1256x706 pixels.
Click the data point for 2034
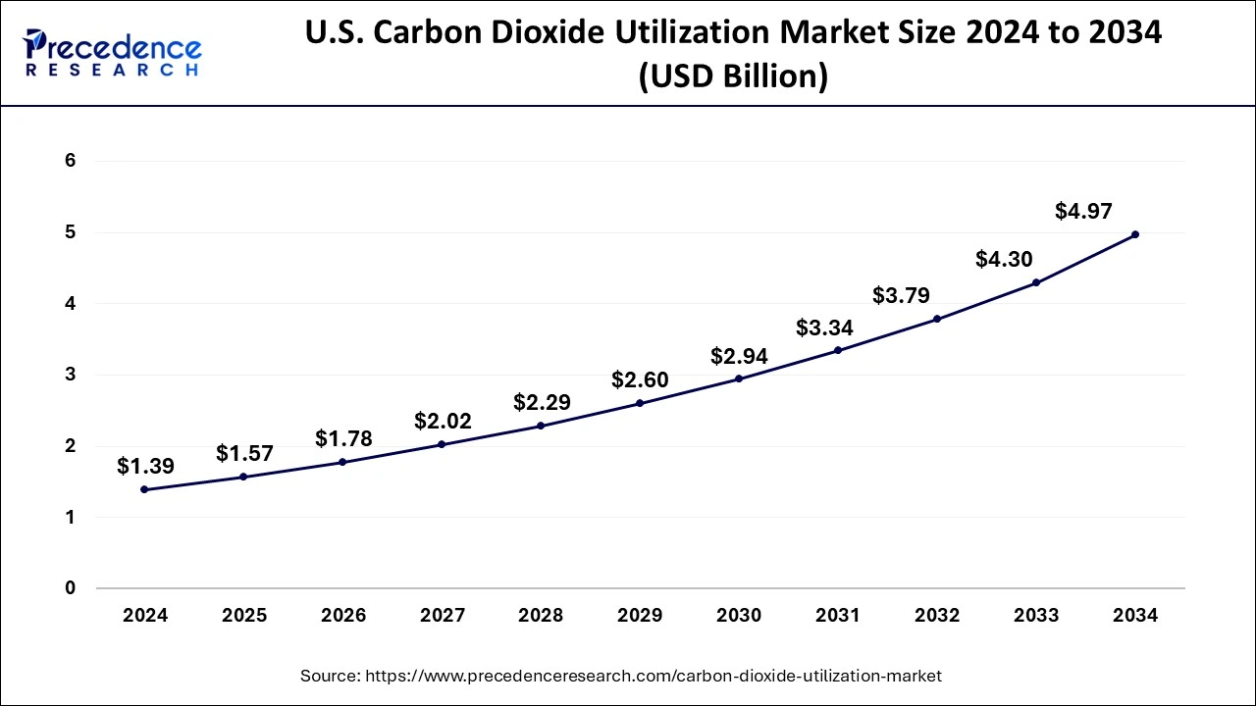(x=1135, y=234)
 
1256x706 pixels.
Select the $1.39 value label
(x=145, y=467)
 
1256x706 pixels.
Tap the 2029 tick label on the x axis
(x=640, y=616)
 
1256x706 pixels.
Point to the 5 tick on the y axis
(x=71, y=232)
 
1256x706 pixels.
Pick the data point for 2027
(x=442, y=444)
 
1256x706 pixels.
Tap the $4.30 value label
(x=1004, y=259)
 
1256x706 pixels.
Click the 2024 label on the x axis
(x=145, y=616)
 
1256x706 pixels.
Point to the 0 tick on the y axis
(x=71, y=588)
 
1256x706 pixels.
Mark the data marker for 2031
(x=837, y=350)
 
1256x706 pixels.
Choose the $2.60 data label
(x=640, y=379)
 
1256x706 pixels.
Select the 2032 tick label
(x=937, y=616)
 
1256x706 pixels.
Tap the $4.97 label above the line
(x=1083, y=210)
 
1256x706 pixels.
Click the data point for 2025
(x=243, y=477)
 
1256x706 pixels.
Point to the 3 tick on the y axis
(x=71, y=375)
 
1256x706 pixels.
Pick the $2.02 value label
(x=443, y=422)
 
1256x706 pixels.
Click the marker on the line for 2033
(x=1036, y=282)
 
